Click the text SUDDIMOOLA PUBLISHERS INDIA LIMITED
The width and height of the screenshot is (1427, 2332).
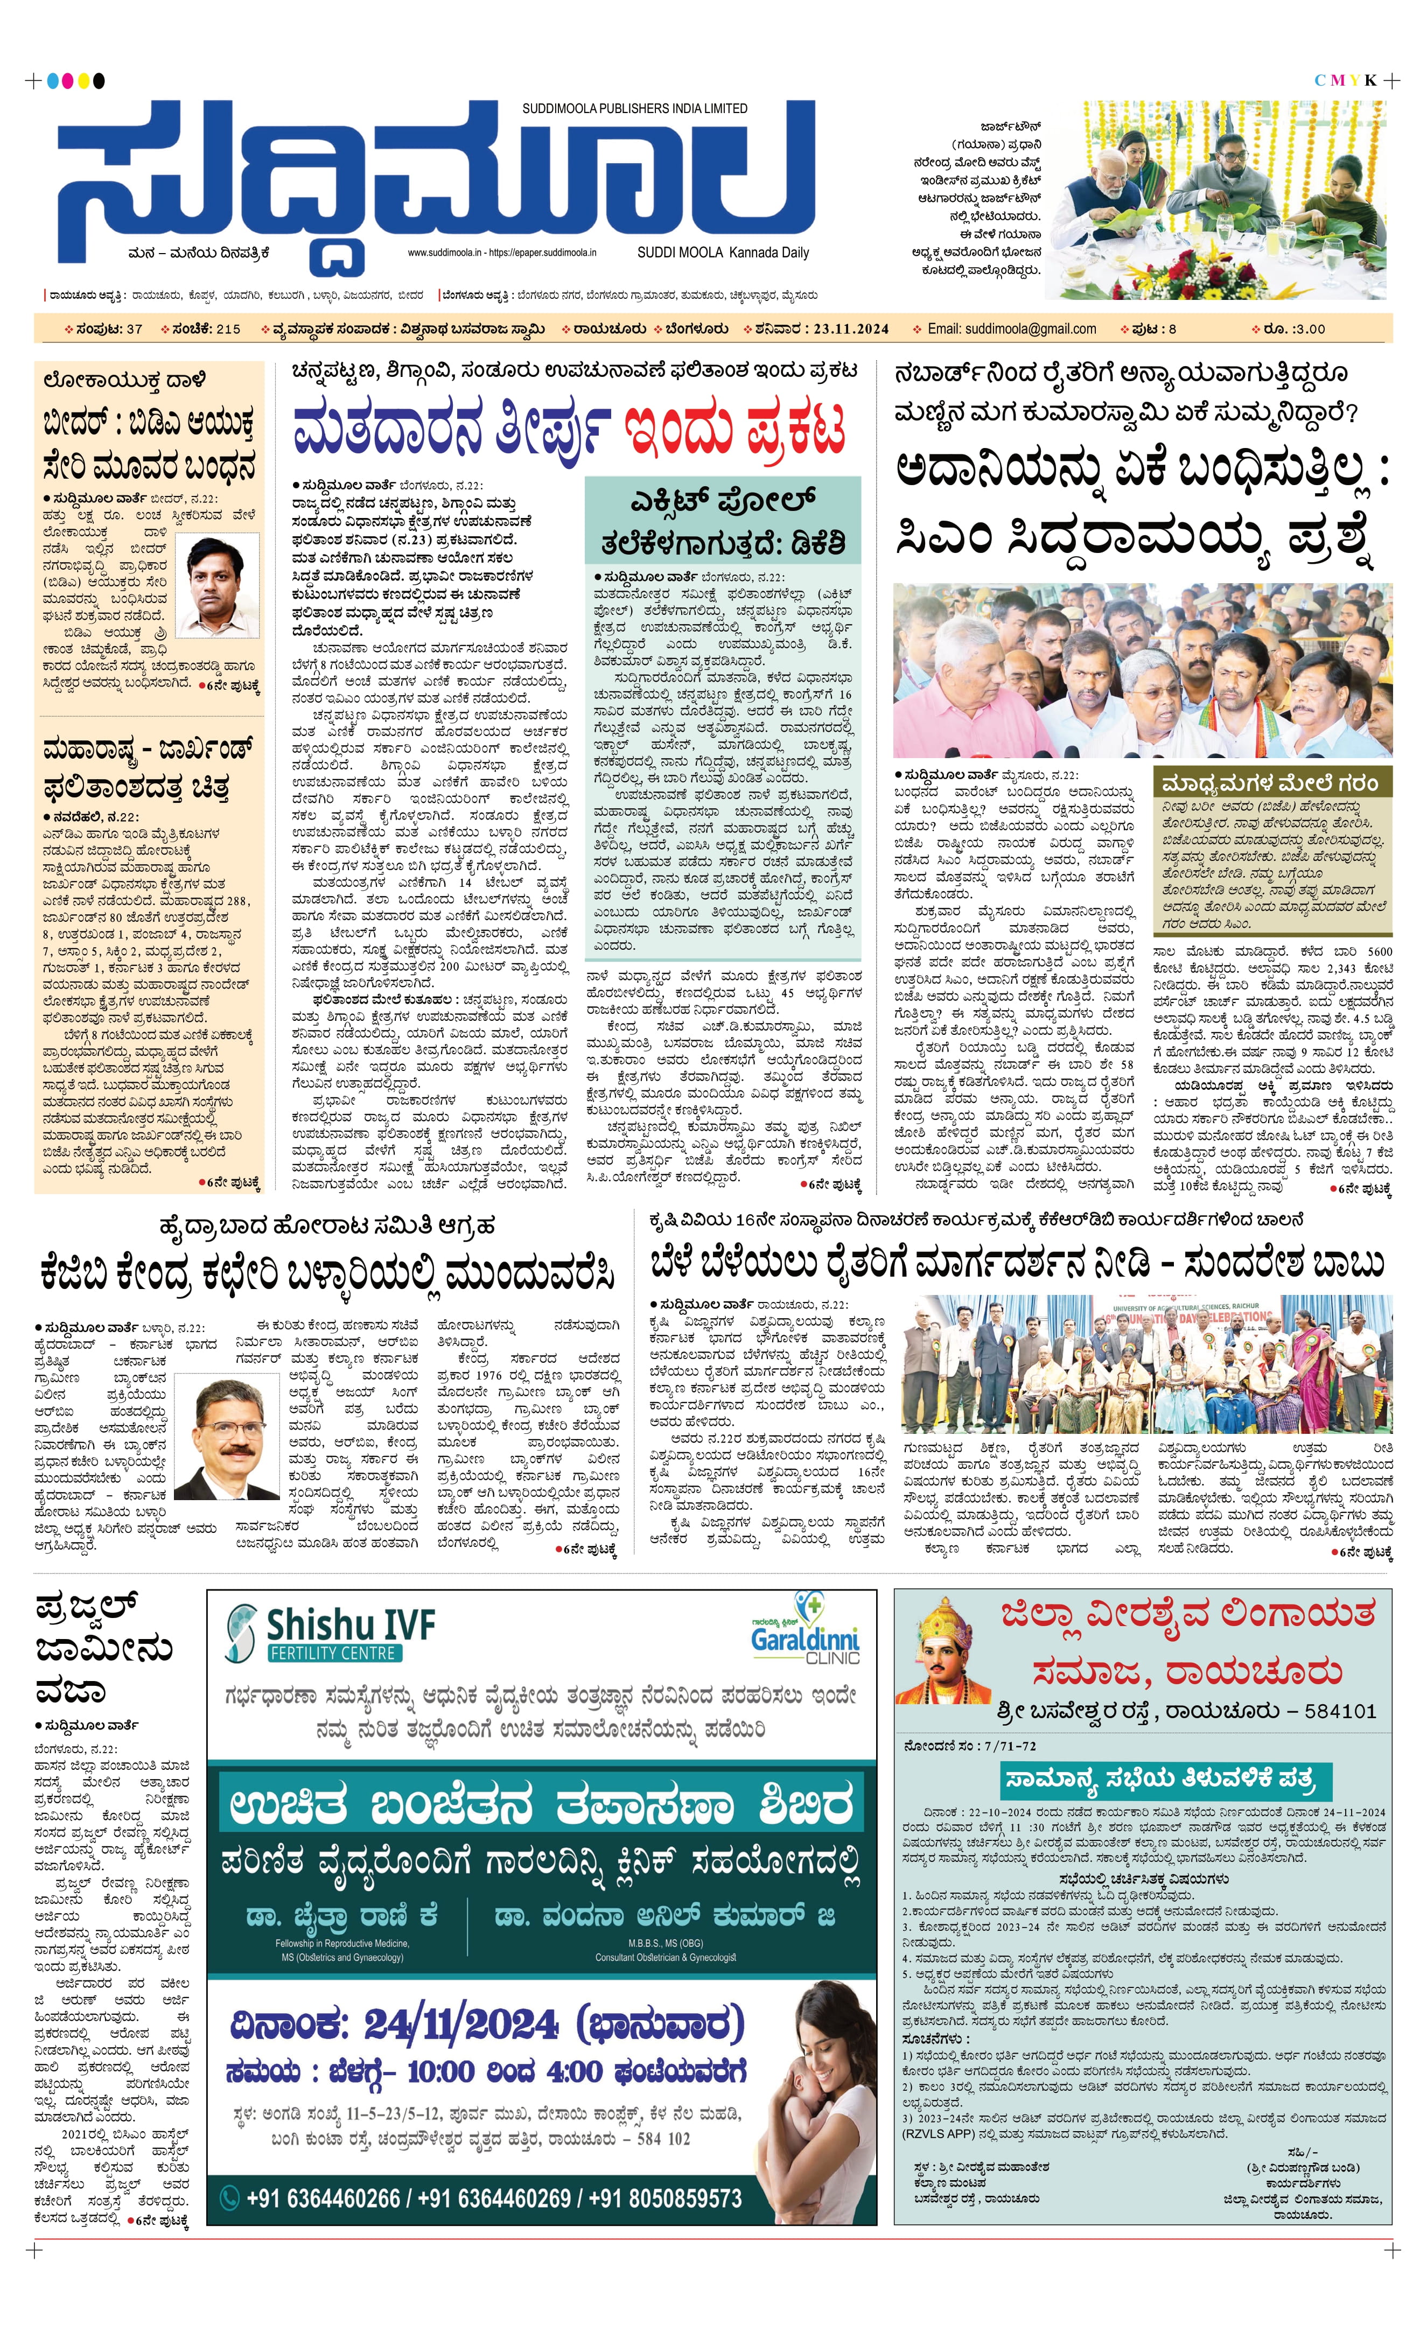(634, 109)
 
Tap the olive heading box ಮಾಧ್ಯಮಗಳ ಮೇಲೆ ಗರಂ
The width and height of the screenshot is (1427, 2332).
(1272, 783)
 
